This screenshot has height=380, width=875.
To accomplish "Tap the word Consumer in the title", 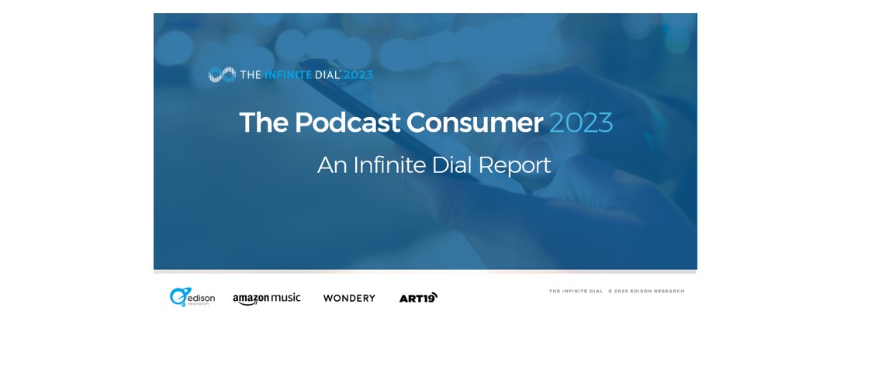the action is [x=474, y=123].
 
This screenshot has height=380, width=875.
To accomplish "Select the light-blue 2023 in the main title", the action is [x=581, y=123].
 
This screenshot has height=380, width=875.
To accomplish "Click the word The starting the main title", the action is [x=264, y=123].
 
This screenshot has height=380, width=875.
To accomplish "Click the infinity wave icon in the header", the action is [x=222, y=74].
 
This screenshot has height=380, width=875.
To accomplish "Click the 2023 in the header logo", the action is [x=358, y=74].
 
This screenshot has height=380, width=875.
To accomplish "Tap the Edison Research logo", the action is [x=192, y=298].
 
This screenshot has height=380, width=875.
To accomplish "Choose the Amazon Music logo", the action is [x=267, y=299].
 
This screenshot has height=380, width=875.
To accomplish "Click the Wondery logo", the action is [x=349, y=298].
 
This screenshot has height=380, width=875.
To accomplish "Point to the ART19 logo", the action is [x=418, y=298].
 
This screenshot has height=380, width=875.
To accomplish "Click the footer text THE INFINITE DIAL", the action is [x=576, y=291].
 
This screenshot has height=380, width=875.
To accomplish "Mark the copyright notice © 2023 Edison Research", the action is [x=646, y=291].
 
